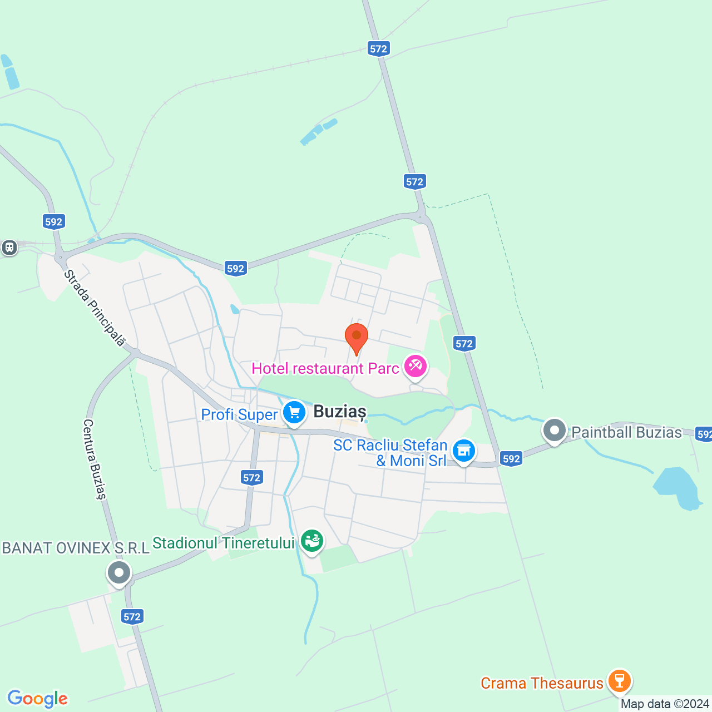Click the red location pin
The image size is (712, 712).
pos(356,337)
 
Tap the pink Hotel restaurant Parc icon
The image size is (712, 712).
pos(416,367)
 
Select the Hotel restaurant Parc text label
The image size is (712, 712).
pos(325,369)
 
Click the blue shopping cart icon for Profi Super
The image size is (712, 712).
pos(294,413)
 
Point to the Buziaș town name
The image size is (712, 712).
pos(340,412)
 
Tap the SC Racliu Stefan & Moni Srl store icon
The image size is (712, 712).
pos(463,451)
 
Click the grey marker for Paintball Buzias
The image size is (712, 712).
pos(555,431)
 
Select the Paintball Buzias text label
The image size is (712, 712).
pos(626,433)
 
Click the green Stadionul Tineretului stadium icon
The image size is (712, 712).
pos(311,540)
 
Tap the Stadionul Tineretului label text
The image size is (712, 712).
pos(223,543)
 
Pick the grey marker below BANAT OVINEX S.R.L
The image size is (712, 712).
pos(118,572)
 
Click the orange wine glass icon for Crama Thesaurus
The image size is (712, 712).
pos(619,681)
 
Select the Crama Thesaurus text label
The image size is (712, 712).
pos(542,683)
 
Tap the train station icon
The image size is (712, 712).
pos(9,248)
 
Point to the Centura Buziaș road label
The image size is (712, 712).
pos(94,459)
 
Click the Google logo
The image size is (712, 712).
pos(37,699)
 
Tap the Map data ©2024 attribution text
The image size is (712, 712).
pos(665,704)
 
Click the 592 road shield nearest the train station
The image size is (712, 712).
pos(53,222)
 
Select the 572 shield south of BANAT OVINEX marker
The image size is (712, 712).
pos(132,616)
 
